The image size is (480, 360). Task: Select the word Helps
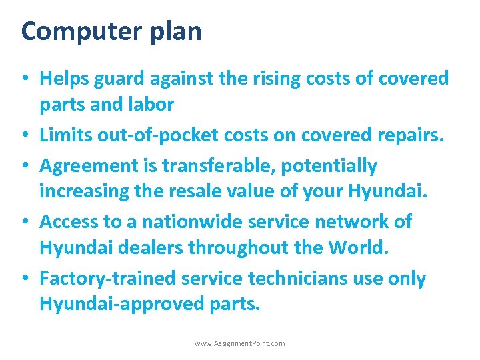click(x=63, y=78)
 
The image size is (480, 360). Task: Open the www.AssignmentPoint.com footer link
click(x=240, y=343)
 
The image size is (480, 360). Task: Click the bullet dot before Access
click(x=25, y=222)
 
